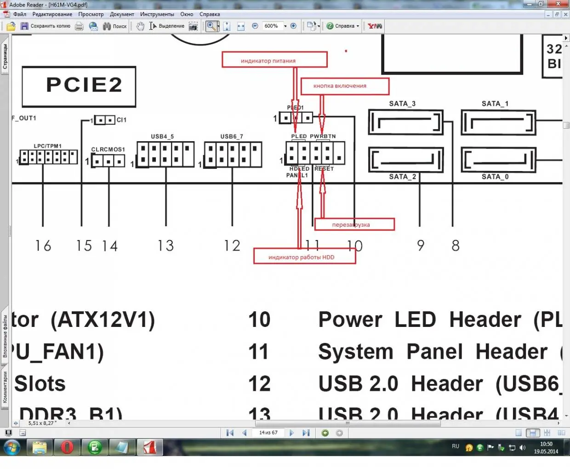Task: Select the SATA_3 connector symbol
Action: [405, 122]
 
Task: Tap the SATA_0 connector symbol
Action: [498, 160]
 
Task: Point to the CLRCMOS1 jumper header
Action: [108, 161]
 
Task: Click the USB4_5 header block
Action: [165, 154]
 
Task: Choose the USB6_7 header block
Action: [233, 154]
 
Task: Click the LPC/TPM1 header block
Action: [48, 157]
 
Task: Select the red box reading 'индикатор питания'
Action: [274, 60]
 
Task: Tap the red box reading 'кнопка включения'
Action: [344, 86]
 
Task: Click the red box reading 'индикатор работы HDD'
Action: [304, 257]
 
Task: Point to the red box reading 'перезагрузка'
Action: [354, 224]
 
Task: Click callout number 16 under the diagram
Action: [43, 246]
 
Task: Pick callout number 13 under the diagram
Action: [165, 246]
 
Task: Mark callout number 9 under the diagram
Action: [420, 246]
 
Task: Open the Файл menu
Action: [20, 14]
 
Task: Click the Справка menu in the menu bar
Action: [210, 14]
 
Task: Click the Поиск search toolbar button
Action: [115, 26]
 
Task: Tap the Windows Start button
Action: [12, 447]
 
